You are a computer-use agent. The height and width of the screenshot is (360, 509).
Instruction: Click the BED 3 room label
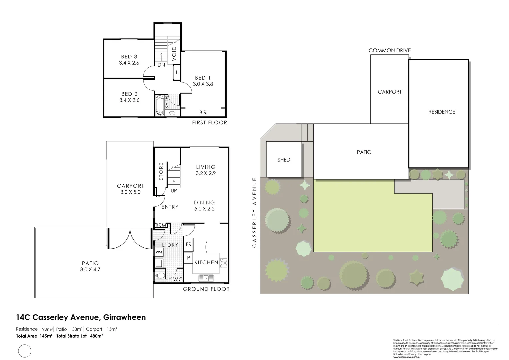pyautogui.click(x=129, y=57)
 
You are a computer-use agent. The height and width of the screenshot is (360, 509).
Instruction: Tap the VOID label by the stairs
pyautogui.click(x=174, y=54)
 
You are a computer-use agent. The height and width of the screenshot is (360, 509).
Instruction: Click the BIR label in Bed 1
pyautogui.click(x=203, y=113)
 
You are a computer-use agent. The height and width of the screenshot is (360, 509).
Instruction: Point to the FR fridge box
pyautogui.click(x=189, y=244)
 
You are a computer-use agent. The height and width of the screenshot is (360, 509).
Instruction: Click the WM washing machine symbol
pyautogui.click(x=159, y=252)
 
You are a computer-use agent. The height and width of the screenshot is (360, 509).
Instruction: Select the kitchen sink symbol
pyautogui.click(x=206, y=277)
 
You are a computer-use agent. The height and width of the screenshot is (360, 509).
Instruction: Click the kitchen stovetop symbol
pyautogui.click(x=223, y=263)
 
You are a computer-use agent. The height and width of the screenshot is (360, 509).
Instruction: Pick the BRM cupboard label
pyautogui.click(x=161, y=226)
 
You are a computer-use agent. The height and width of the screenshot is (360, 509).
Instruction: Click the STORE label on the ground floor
pyautogui.click(x=161, y=171)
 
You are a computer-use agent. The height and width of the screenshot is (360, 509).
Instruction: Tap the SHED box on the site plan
pyautogui.click(x=284, y=160)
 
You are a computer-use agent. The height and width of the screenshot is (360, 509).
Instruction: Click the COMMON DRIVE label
pyautogui.click(x=390, y=51)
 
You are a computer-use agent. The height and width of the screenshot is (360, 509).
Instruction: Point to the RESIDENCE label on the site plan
pyautogui.click(x=442, y=112)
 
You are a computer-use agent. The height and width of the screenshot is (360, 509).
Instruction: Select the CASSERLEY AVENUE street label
pyautogui.click(x=255, y=212)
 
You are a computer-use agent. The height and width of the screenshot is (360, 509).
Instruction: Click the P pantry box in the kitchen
pyautogui.click(x=188, y=258)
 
